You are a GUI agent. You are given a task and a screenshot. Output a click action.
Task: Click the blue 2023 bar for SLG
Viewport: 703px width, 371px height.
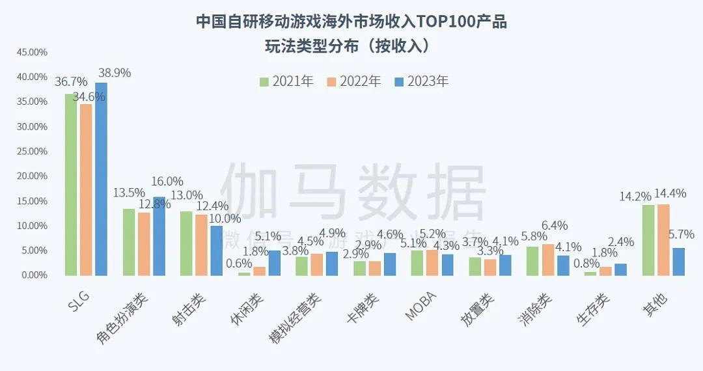pyautogui.click(x=101, y=179)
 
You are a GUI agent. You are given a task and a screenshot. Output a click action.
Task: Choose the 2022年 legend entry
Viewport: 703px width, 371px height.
pyautogui.click(x=354, y=81)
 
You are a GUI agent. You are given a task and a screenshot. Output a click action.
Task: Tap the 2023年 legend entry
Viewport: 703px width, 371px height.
pyautogui.click(x=422, y=81)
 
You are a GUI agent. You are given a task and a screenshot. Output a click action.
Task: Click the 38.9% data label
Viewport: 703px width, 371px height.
pyautogui.click(x=113, y=73)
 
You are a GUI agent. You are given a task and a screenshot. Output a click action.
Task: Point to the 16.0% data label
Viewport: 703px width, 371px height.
pyautogui.click(x=167, y=182)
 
